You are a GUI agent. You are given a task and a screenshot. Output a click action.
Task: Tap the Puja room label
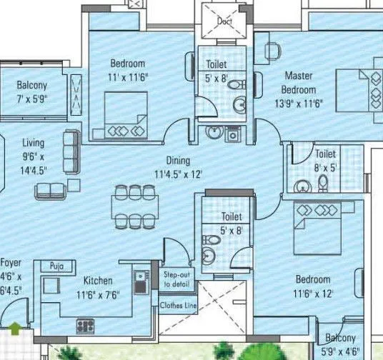(x=58, y=266)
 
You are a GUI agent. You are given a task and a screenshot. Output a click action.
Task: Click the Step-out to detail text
(x=176, y=279)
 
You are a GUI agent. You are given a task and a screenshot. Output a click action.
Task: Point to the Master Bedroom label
(x=299, y=83)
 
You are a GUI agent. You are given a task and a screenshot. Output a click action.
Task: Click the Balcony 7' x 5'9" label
(x=32, y=91)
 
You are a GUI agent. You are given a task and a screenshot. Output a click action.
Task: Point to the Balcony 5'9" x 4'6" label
(x=341, y=345)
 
